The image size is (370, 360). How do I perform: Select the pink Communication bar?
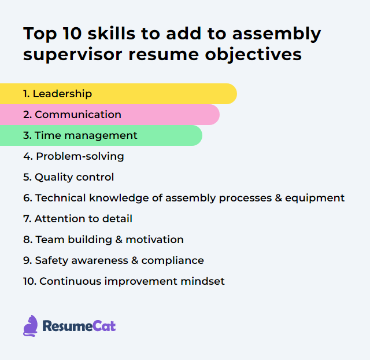click(x=110, y=115)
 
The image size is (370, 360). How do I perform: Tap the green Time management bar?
click(x=101, y=135)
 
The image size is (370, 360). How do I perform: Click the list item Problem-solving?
click(x=73, y=156)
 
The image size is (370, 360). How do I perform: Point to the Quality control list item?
click(x=69, y=177)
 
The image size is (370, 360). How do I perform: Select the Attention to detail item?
click(x=77, y=219)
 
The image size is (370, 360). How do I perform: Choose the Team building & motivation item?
click(x=103, y=240)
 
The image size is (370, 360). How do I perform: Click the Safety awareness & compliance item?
click(x=113, y=260)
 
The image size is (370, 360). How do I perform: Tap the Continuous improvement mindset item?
click(x=124, y=281)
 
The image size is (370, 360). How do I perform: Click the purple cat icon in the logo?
click(x=30, y=326)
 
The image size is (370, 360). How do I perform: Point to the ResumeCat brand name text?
click(x=79, y=326)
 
